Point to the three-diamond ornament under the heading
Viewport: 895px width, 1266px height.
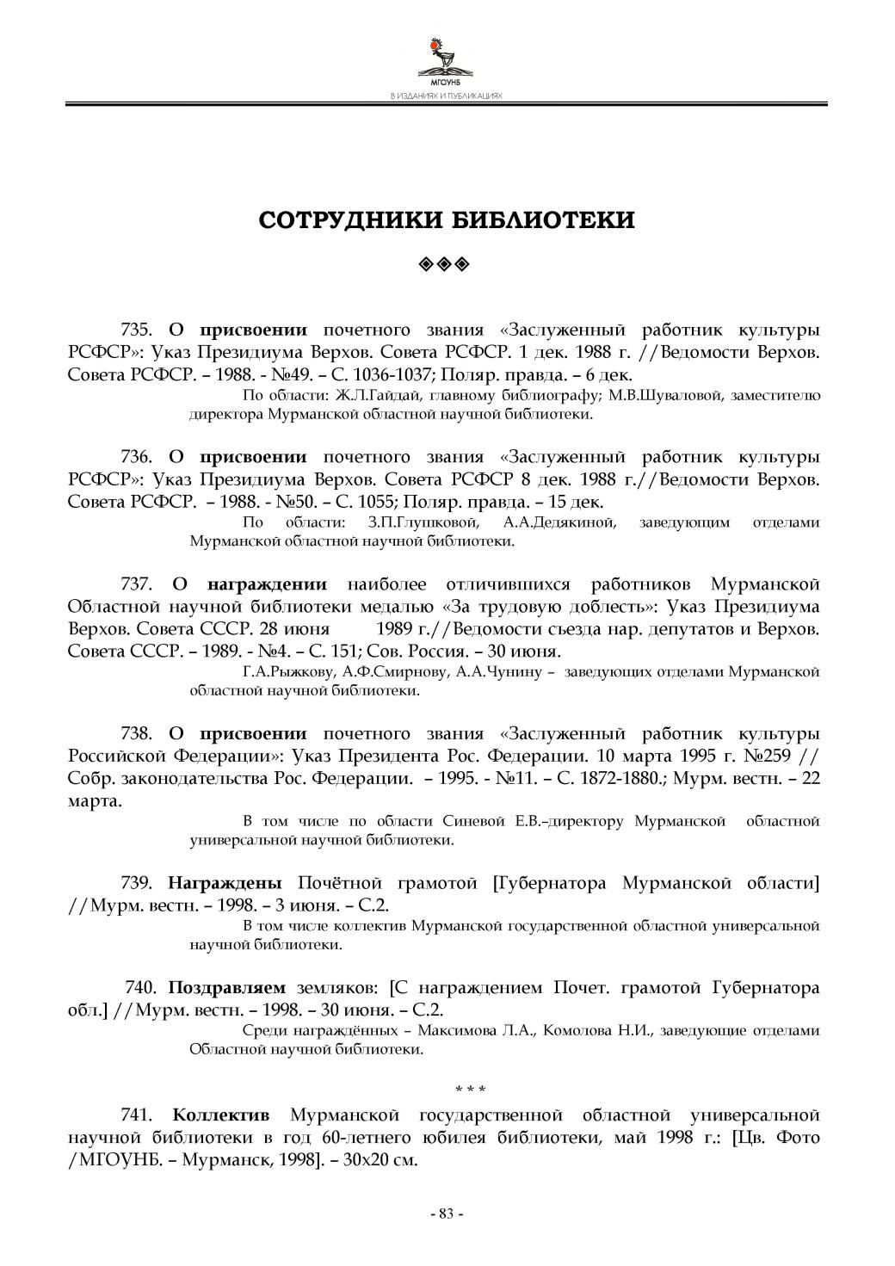point(447,262)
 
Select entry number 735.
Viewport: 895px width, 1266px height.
point(136,330)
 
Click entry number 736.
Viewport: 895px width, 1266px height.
point(136,457)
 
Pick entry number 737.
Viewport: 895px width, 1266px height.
point(136,584)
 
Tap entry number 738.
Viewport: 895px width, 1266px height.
point(136,733)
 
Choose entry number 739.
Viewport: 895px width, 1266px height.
point(136,882)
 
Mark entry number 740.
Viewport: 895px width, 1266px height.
point(140,987)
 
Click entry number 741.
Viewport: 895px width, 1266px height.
point(136,1115)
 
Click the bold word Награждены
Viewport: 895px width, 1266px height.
point(225,882)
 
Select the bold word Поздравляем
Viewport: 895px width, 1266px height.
point(226,987)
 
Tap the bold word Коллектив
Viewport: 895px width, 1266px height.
point(221,1115)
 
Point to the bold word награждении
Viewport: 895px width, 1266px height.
point(267,584)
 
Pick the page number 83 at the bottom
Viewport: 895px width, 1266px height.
point(447,1214)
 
